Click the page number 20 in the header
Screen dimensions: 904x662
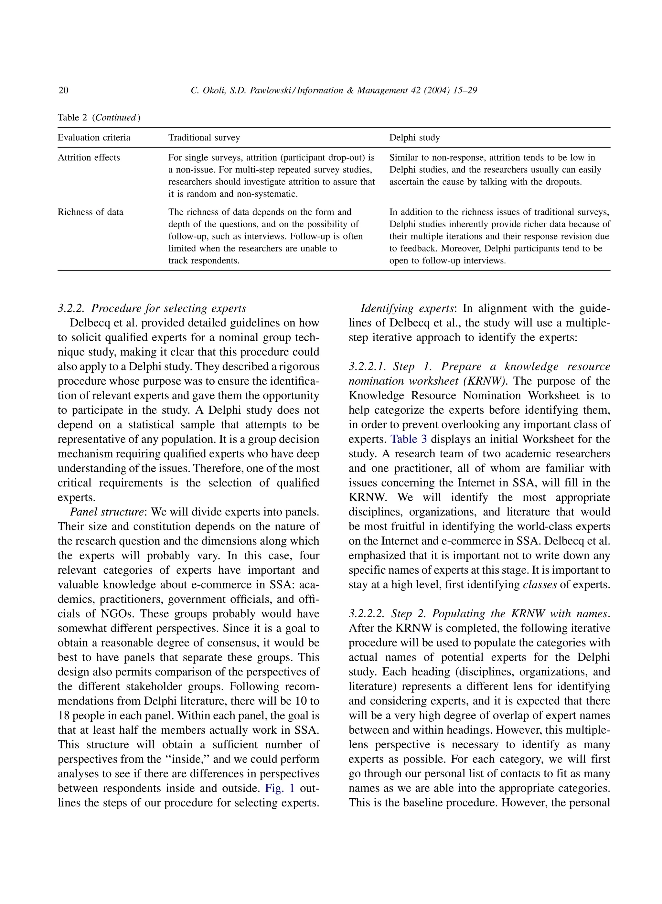coord(63,90)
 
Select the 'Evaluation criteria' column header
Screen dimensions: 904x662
coord(94,137)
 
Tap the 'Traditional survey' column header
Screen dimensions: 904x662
coord(204,137)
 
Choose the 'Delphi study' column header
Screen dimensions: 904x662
coord(414,137)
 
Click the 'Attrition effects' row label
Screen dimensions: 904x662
coord(89,157)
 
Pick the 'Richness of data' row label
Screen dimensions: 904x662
coord(90,212)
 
